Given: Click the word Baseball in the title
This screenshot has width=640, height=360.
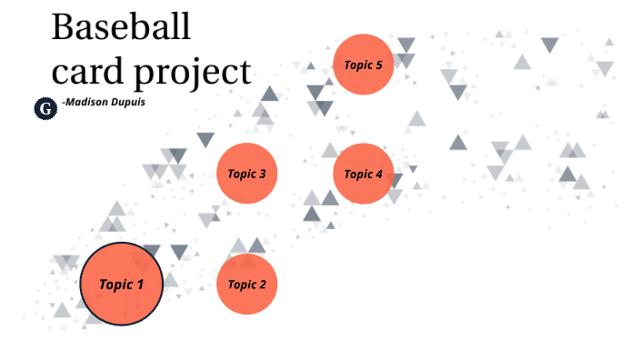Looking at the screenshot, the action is point(121,27).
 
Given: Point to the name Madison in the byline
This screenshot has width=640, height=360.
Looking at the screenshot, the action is point(90,103).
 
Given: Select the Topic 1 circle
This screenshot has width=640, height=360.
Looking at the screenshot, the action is point(121,284).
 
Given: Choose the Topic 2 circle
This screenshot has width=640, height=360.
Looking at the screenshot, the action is point(246,285).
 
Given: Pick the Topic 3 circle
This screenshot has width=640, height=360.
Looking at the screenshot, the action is point(246,173).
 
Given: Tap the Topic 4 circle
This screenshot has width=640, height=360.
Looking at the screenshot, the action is point(363,174).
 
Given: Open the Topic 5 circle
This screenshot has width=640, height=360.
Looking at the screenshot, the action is point(363,65).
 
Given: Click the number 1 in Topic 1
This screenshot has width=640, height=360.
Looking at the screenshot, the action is point(140,284).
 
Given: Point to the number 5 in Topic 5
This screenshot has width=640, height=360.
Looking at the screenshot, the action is point(378,65).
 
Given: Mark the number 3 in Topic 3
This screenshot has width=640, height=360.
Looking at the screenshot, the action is point(262,173).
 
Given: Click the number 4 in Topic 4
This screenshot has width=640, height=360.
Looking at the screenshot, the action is point(378,174).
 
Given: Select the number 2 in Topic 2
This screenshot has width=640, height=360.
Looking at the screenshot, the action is point(262,285).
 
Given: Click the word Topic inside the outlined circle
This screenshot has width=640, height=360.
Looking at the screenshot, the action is point(115,284).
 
